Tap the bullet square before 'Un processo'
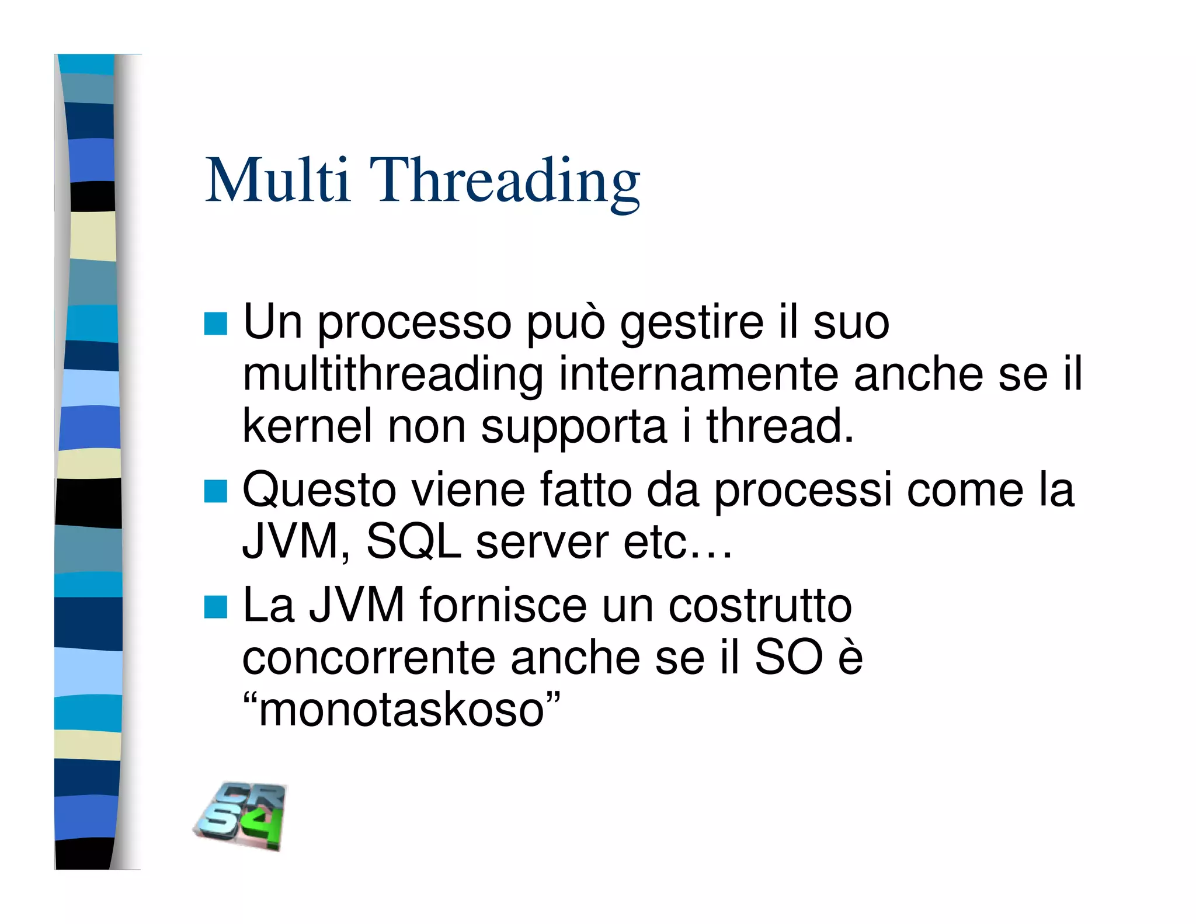(215, 324)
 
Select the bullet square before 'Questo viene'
(215, 491)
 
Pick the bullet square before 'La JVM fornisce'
(215, 607)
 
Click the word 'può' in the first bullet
(566, 322)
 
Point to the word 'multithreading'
(392, 375)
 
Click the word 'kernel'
(307, 426)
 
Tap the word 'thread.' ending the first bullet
(780, 426)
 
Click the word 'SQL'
(413, 541)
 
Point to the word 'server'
(542, 543)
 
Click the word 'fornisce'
(503, 605)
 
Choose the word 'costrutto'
(760, 605)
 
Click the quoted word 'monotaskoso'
(401, 710)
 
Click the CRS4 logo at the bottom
(241, 816)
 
